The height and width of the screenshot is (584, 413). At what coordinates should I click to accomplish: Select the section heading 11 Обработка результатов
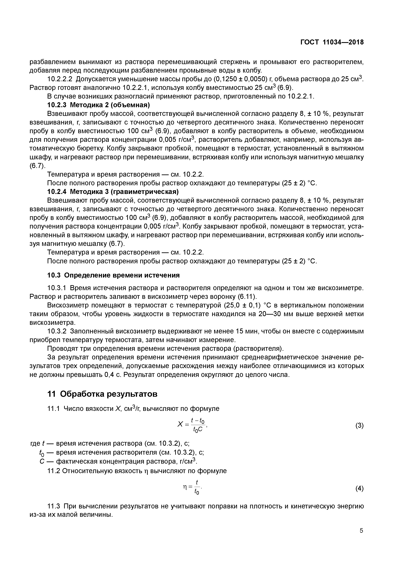point(102,394)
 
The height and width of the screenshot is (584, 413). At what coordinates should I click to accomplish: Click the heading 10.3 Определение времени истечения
point(114,275)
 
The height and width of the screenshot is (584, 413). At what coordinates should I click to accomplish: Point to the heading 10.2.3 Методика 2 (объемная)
point(98,105)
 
